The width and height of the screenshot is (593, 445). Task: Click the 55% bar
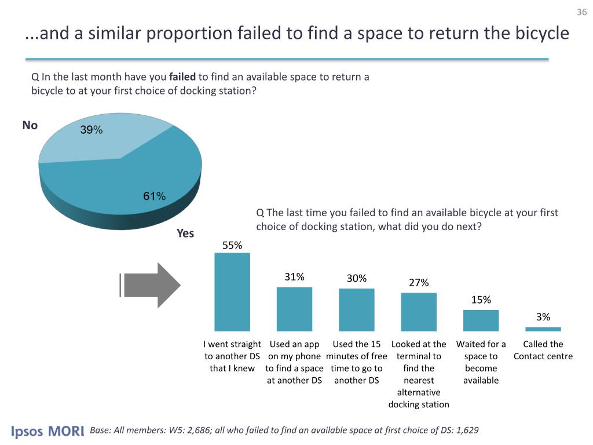(x=232, y=291)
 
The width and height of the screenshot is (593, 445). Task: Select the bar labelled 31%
(x=294, y=308)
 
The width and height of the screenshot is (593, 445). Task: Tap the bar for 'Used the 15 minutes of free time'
(x=356, y=309)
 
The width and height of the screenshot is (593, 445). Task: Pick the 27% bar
(x=419, y=311)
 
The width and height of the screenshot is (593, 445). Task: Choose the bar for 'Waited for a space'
(x=481, y=320)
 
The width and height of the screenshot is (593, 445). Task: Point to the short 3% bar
(x=543, y=329)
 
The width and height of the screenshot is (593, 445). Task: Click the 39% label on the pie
(x=91, y=131)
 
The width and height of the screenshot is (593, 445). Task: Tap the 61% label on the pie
(x=155, y=196)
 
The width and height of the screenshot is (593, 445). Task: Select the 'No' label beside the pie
(x=30, y=125)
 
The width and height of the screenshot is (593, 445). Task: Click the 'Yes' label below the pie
(x=185, y=234)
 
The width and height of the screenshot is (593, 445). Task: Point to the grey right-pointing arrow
(x=151, y=284)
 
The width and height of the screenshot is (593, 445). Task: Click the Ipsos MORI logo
(x=47, y=432)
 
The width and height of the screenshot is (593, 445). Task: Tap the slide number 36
(x=582, y=13)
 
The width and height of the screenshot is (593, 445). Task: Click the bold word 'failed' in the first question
(x=183, y=76)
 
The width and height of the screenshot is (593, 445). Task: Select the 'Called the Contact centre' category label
(x=543, y=350)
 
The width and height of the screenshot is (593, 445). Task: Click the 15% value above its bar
(x=481, y=300)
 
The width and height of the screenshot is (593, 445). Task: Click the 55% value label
(x=232, y=245)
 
